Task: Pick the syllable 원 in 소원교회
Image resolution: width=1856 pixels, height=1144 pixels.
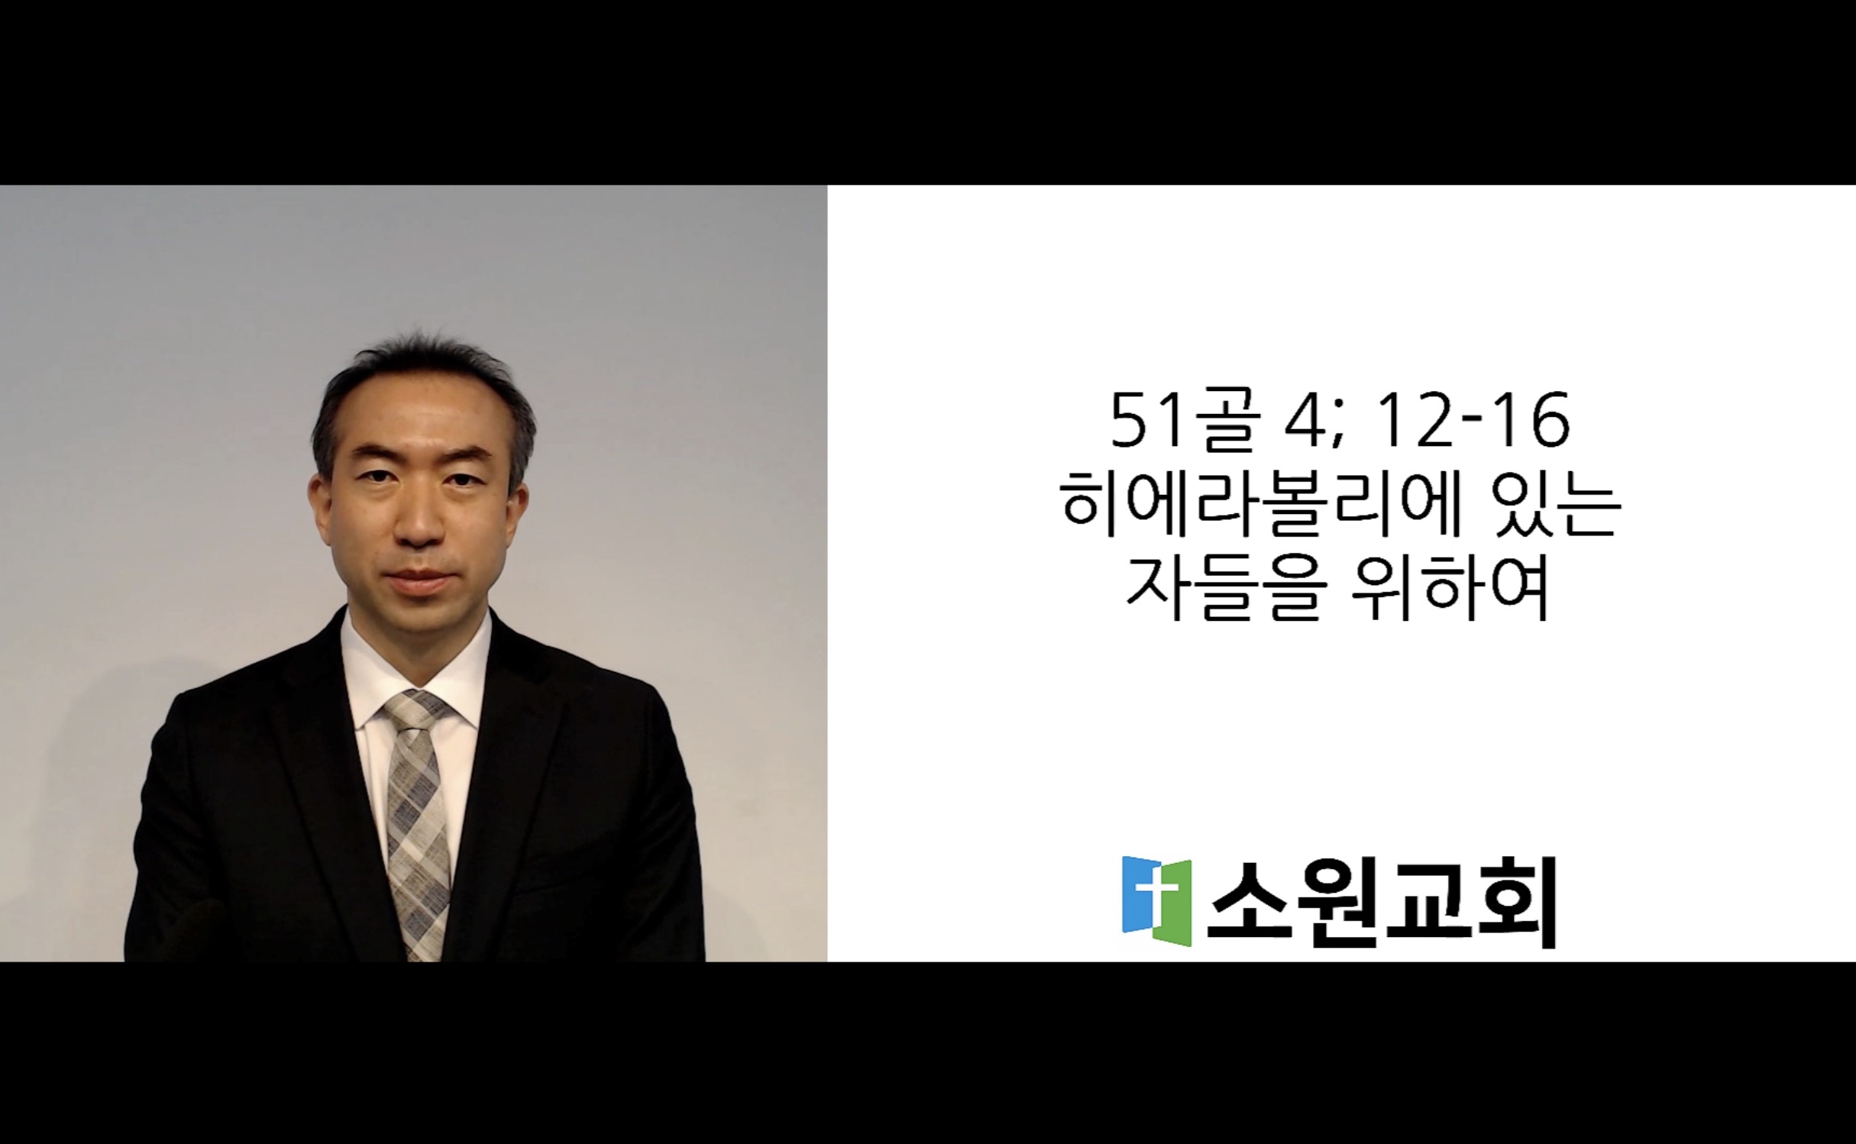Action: click(x=1337, y=902)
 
